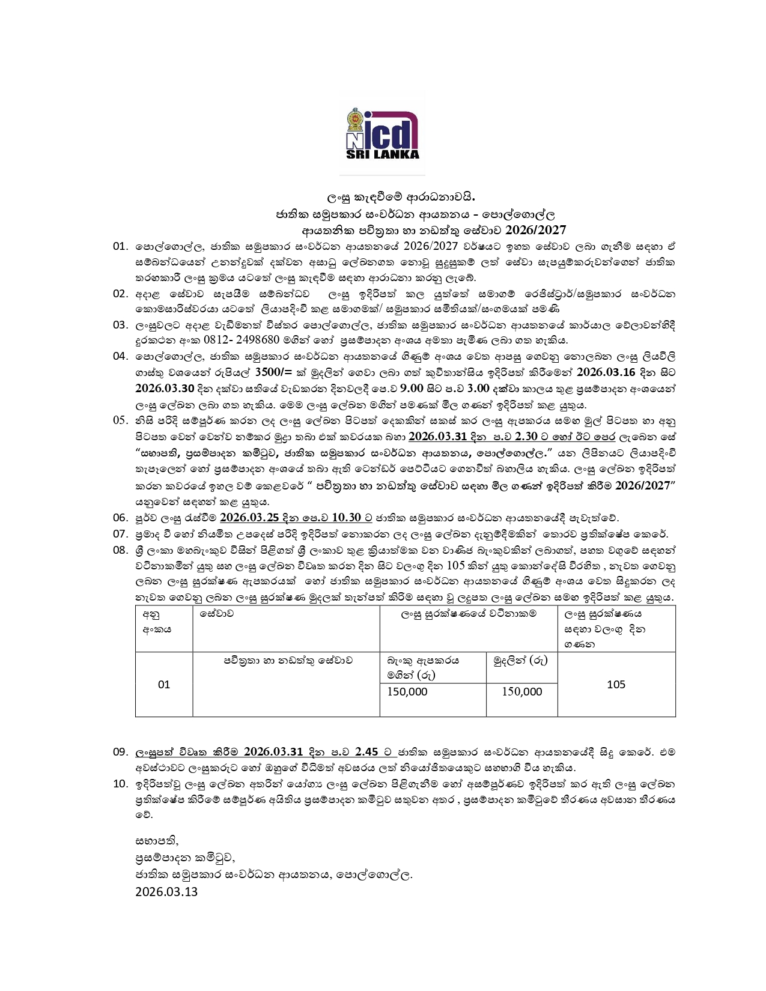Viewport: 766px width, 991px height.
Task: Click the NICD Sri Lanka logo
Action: [x=383, y=134]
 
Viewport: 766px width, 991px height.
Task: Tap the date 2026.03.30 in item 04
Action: [x=164, y=389]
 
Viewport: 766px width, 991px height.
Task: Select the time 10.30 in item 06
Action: [x=346, y=518]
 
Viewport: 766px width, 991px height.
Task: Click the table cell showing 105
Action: [x=616, y=685]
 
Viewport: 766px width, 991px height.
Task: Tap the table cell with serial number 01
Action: [x=164, y=685]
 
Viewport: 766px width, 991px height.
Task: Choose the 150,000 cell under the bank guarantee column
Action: [x=407, y=692]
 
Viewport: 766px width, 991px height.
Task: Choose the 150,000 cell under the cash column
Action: [x=521, y=692]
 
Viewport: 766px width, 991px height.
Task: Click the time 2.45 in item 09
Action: [x=366, y=752]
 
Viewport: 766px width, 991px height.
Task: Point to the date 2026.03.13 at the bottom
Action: [x=166, y=892]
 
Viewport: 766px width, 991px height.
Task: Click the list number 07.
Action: [x=120, y=534]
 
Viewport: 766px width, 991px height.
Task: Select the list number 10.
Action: [x=120, y=784]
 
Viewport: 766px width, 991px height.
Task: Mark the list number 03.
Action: [x=120, y=325]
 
